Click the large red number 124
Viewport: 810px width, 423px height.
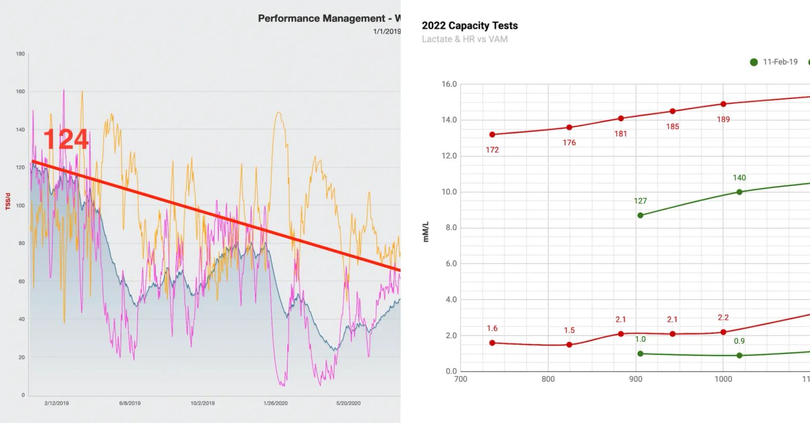[x=66, y=139]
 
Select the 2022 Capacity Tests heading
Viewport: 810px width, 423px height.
[x=469, y=26]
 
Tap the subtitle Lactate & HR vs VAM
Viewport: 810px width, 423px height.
[x=464, y=39]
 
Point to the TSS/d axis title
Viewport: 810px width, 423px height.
[x=8, y=201]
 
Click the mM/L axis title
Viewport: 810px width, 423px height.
[x=426, y=232]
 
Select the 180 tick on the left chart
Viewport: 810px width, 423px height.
[x=20, y=54]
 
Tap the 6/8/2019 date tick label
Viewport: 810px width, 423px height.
[x=130, y=403]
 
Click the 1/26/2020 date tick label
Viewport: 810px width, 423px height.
[x=275, y=403]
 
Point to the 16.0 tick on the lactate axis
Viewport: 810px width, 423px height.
[x=449, y=84]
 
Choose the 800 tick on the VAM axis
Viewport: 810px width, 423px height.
[x=548, y=379]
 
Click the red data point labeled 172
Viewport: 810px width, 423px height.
[x=492, y=135]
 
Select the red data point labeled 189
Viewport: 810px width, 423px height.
[x=723, y=104]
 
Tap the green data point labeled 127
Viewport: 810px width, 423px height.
[x=640, y=215]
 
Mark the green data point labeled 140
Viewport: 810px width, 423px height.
[x=739, y=192]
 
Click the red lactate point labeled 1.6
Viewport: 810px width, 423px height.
[x=492, y=343]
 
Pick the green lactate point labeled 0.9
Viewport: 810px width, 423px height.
[x=739, y=356]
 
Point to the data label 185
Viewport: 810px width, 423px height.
[x=672, y=127]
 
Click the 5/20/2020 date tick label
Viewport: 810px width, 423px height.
[x=348, y=403]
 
